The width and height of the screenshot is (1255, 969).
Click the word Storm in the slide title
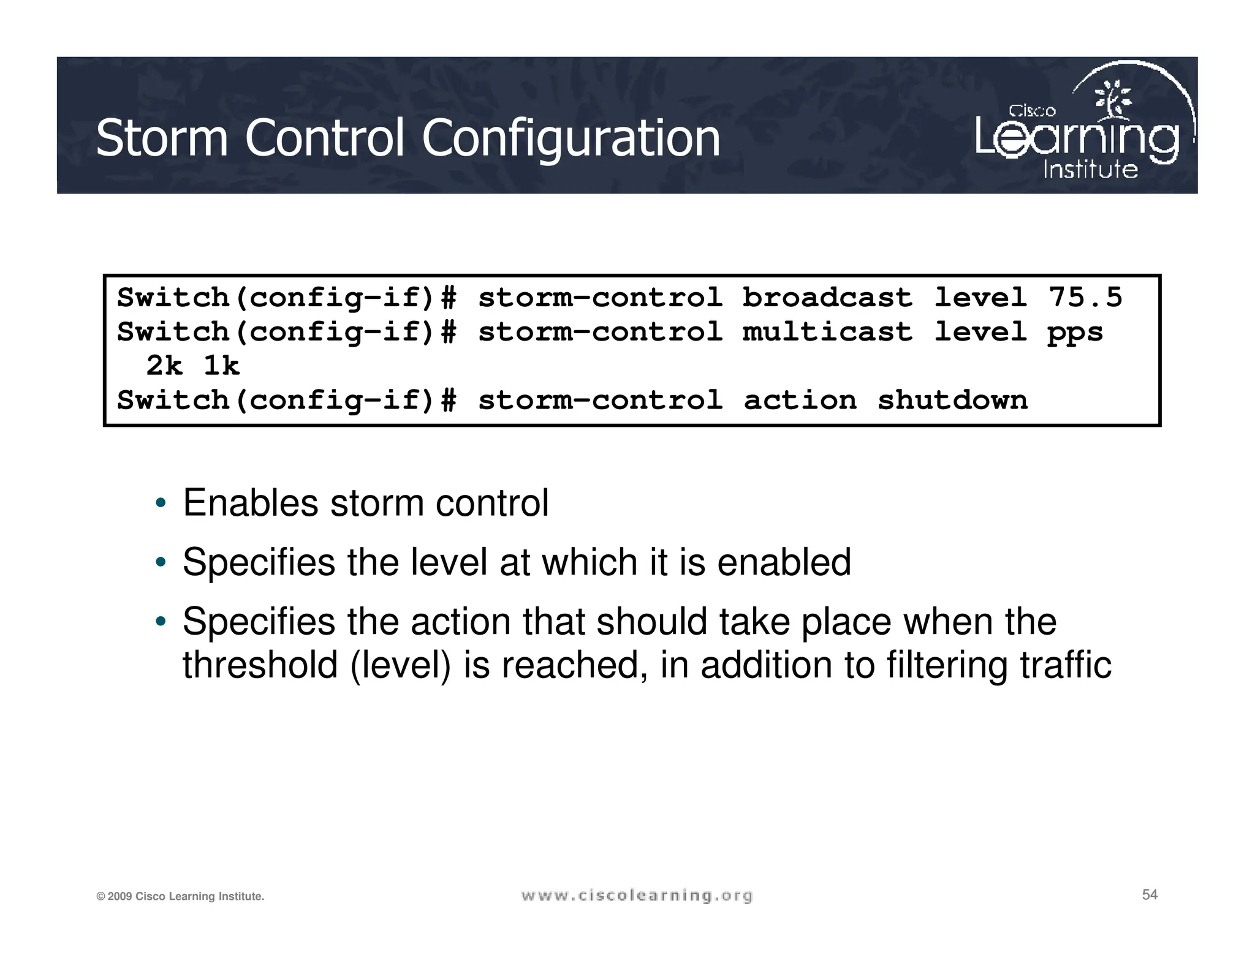click(x=162, y=138)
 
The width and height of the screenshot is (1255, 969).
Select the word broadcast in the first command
click(x=827, y=298)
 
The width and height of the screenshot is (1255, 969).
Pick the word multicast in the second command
click(x=827, y=332)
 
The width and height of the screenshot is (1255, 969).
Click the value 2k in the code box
click(x=164, y=366)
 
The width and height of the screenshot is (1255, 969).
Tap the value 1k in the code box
click(x=221, y=366)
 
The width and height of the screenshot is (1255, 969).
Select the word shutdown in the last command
click(x=952, y=401)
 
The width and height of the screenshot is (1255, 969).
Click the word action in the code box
click(x=800, y=401)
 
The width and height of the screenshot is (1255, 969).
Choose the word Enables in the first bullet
click(x=251, y=503)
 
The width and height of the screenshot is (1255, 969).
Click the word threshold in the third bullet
click(x=260, y=665)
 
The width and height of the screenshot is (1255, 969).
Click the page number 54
click(x=1150, y=895)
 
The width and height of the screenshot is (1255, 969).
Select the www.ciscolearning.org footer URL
click(x=637, y=896)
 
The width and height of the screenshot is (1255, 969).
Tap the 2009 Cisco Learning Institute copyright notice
click(x=180, y=897)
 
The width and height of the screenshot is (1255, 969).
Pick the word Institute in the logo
click(x=1090, y=170)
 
